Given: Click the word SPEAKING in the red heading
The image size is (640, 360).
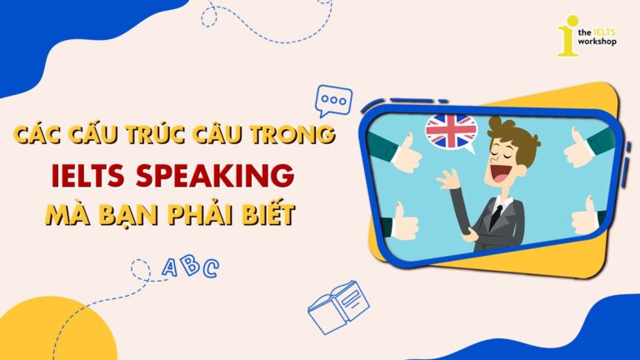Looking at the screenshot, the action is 215,176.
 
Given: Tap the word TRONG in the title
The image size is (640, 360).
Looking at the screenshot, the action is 292,133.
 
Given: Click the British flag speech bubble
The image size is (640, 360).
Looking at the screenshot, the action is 451,132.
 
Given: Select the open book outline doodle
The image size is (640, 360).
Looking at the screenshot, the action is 338,307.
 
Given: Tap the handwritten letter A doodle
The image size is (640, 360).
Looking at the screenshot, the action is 169,267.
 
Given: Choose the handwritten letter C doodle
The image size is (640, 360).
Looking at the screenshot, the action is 211,268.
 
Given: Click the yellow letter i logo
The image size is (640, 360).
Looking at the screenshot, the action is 568,36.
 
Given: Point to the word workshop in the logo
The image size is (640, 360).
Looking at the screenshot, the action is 597,42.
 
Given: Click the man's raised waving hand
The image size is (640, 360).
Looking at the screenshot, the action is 448,179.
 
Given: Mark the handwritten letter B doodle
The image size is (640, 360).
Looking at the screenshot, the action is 190,265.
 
